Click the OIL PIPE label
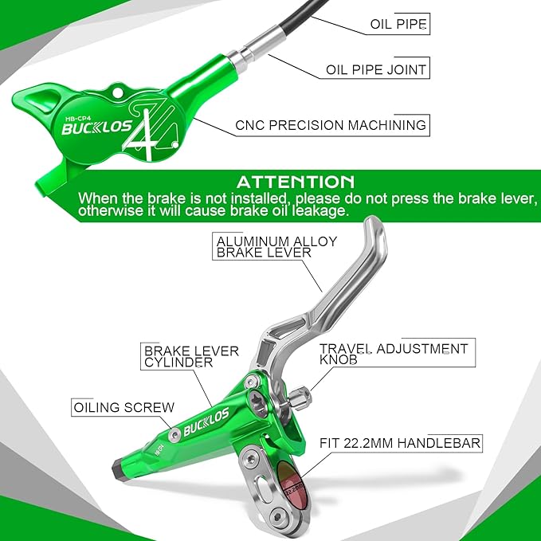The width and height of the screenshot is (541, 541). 398,24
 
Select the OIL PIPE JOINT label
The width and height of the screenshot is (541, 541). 376,69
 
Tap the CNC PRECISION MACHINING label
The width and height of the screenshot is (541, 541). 331,125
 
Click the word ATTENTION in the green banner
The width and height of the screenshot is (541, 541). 296,182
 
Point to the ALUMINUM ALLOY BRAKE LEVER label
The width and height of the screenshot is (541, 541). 276,247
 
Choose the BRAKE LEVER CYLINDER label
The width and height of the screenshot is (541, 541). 191,357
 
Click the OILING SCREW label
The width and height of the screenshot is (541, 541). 123,407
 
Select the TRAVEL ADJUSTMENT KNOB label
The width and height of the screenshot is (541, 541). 394,354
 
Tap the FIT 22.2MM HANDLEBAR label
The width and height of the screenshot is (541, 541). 400,443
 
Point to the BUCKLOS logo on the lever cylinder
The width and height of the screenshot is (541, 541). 206,421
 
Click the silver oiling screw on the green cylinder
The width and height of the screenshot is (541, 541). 174,434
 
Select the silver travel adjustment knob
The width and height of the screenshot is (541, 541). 300,398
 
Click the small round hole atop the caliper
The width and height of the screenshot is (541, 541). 118,92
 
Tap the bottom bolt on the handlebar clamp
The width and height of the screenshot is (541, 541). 276,516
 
